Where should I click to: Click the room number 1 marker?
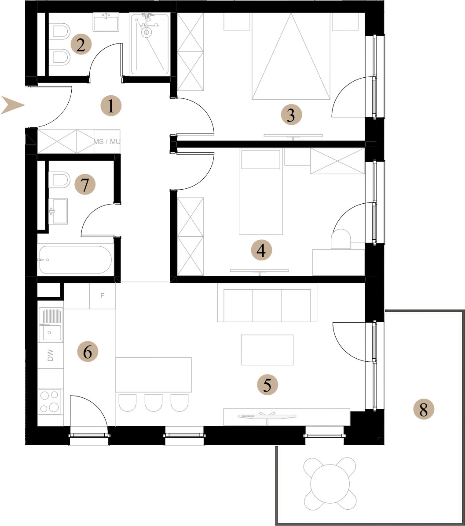pyautogui.click(x=111, y=106)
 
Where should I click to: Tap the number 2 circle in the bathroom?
pyautogui.click(x=81, y=44)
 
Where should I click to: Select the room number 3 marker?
pyautogui.click(x=291, y=115)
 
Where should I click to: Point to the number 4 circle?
pyautogui.click(x=261, y=250)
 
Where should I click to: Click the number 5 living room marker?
pyautogui.click(x=267, y=385)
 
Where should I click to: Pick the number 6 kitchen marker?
pyautogui.click(x=88, y=352)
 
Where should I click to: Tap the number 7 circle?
pyautogui.click(x=85, y=185)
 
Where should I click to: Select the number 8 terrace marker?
pyautogui.click(x=423, y=410)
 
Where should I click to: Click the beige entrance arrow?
pyautogui.click(x=13, y=105)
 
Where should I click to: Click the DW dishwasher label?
pyautogui.click(x=51, y=355)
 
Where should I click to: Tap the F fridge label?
pyautogui.click(x=102, y=295)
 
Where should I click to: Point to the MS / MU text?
pyautogui.click(x=106, y=141)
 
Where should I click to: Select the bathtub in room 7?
pyautogui.click(x=75, y=260)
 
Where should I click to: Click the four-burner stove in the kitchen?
pyautogui.click(x=50, y=402)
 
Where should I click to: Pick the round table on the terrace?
pyautogui.click(x=330, y=483)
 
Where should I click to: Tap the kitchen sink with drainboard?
pyautogui.click(x=51, y=325)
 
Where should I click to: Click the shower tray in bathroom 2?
pyautogui.click(x=149, y=44)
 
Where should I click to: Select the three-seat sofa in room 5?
pyautogui.click(x=267, y=303)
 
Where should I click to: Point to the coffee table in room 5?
pyautogui.click(x=267, y=350)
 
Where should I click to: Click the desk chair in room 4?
pyautogui.click(x=341, y=238)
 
